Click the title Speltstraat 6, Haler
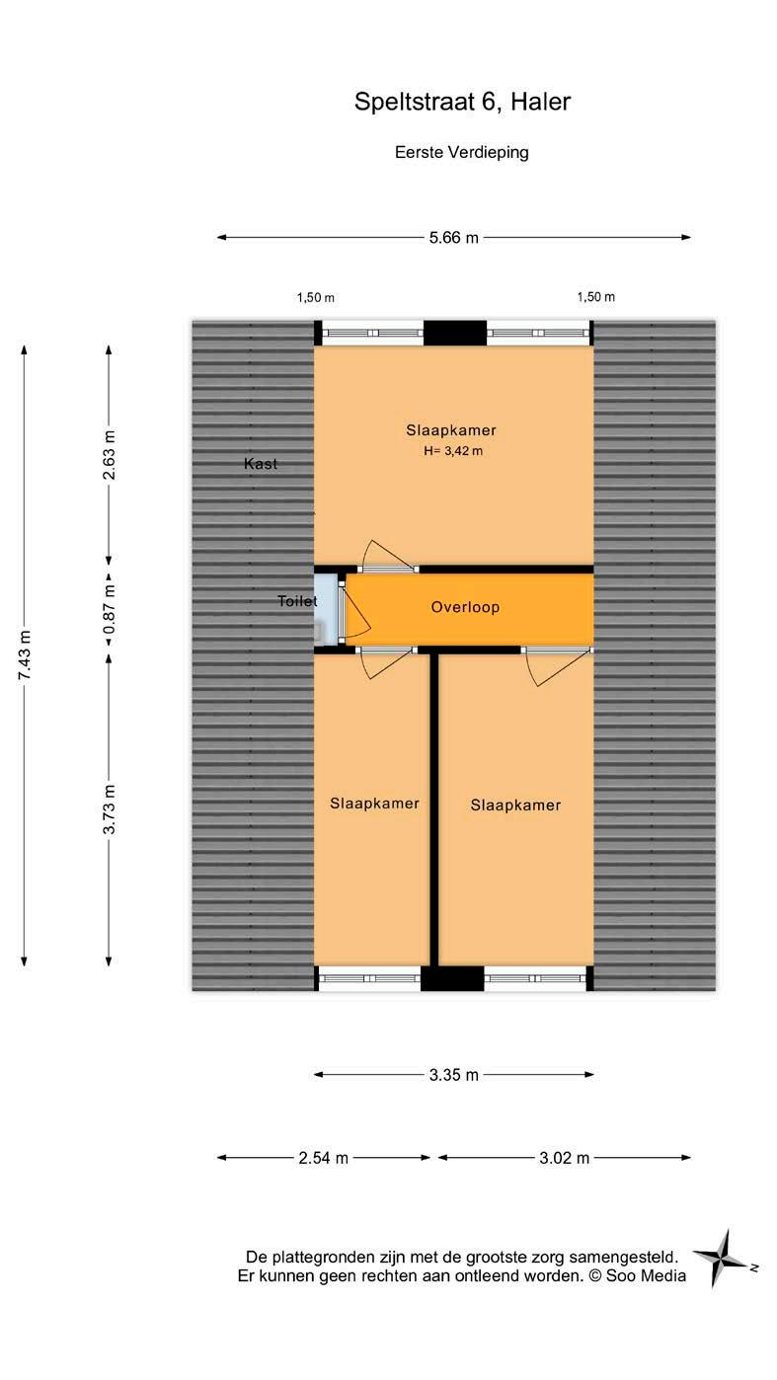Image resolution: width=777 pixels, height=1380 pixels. [462, 102]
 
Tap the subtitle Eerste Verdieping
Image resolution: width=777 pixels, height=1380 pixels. [462, 152]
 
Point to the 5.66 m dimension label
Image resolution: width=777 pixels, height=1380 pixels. [454, 237]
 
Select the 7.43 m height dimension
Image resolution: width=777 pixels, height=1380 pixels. [25, 654]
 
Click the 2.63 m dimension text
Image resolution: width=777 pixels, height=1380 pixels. [109, 455]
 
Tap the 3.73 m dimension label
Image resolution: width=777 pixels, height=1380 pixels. [109, 808]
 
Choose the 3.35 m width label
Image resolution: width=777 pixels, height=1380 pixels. [454, 1075]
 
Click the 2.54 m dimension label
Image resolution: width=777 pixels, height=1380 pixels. [324, 1158]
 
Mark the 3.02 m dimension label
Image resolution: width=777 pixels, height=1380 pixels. [565, 1158]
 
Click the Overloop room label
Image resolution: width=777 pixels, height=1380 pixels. [465, 607]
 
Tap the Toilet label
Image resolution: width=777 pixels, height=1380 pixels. [297, 600]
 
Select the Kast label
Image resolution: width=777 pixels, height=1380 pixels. [261, 463]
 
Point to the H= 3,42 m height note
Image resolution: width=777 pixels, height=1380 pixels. [452, 451]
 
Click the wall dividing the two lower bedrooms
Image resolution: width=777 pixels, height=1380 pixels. [433, 809]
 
